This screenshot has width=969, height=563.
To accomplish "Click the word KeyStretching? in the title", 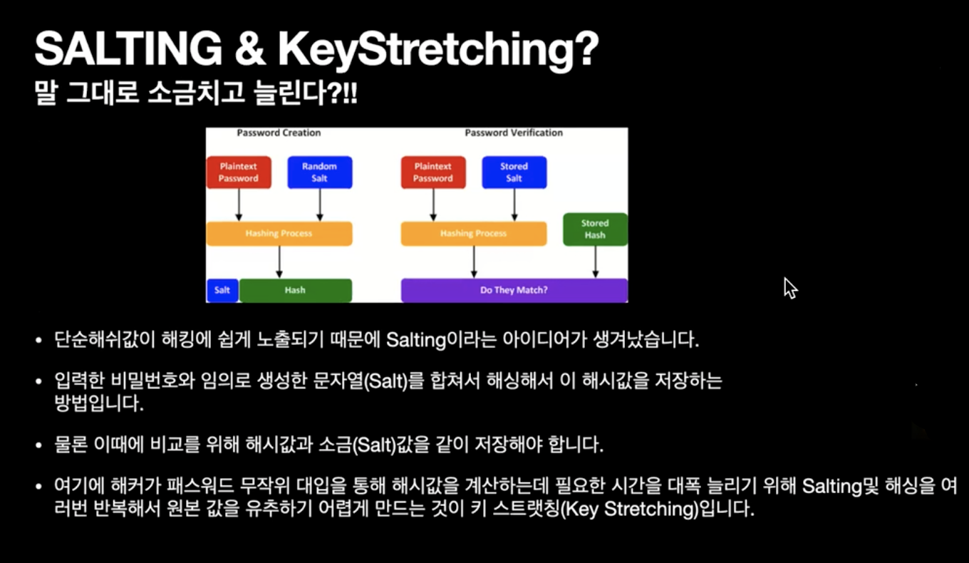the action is (437, 50).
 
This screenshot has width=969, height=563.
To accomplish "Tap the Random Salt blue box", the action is (319, 172).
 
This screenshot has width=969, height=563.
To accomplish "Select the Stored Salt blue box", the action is (514, 172).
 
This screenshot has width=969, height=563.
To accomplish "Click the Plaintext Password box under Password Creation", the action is (239, 172).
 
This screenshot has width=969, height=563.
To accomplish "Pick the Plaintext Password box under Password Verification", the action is (433, 172).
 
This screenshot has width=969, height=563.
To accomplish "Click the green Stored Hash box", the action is (595, 229).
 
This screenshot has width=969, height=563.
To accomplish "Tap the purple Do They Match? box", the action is (514, 290).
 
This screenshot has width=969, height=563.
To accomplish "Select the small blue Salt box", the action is (222, 290).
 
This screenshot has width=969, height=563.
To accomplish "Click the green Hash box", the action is (295, 290).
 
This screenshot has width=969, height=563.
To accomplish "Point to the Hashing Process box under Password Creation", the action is (279, 233).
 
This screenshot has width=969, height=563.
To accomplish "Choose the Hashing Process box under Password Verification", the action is (474, 233).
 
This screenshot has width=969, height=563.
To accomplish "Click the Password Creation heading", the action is (279, 133).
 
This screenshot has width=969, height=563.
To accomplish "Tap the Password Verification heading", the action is (514, 133).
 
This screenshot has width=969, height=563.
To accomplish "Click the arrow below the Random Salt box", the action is (319, 205).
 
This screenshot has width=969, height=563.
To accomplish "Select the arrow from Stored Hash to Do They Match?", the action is (595, 262).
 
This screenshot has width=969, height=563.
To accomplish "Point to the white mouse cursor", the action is (789, 287).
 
